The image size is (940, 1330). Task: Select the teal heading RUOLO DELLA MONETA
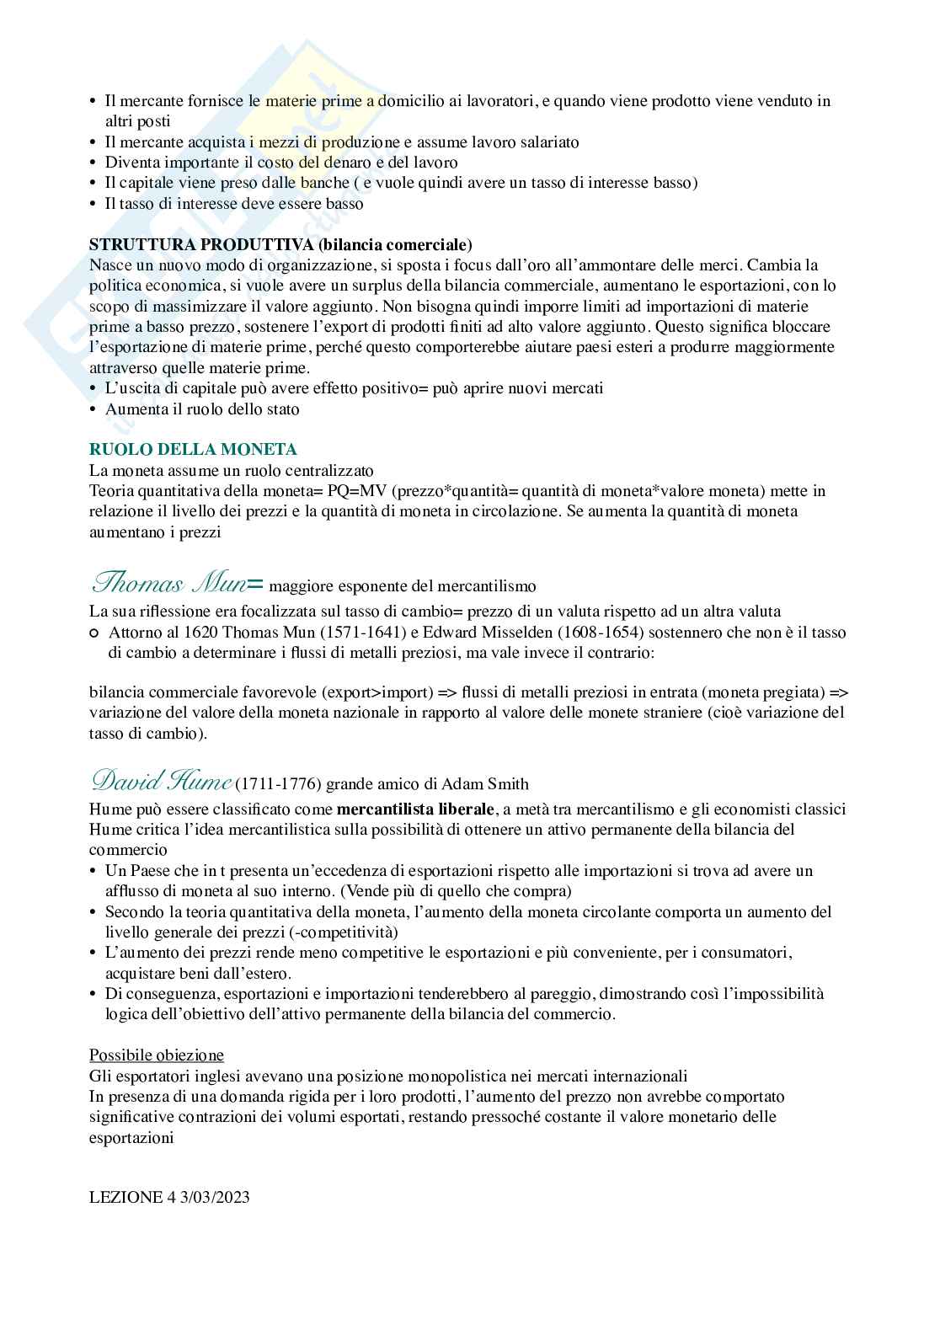point(193,450)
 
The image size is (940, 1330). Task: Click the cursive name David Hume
point(160,783)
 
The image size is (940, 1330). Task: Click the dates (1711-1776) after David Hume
point(278,785)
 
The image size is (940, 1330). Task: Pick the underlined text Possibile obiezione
point(157,1055)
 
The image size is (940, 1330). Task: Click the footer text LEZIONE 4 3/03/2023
point(169,1198)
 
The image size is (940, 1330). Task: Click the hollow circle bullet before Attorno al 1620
point(94,633)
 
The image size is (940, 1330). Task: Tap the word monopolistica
point(456,1076)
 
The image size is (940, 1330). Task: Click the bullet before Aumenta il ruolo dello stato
point(93,409)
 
